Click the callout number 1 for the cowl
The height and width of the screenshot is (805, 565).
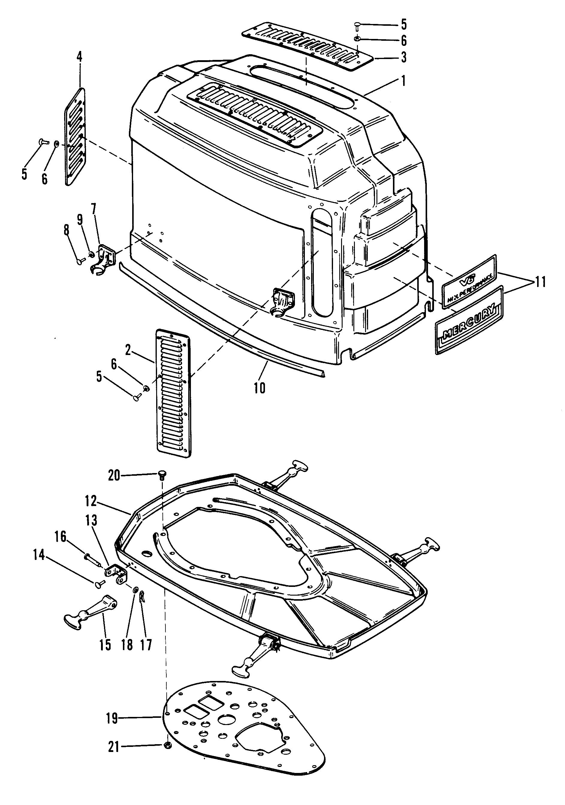click(403, 81)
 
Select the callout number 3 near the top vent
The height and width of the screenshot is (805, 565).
click(404, 58)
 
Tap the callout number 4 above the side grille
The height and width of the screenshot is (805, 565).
click(80, 56)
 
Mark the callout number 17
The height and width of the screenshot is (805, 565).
click(146, 644)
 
